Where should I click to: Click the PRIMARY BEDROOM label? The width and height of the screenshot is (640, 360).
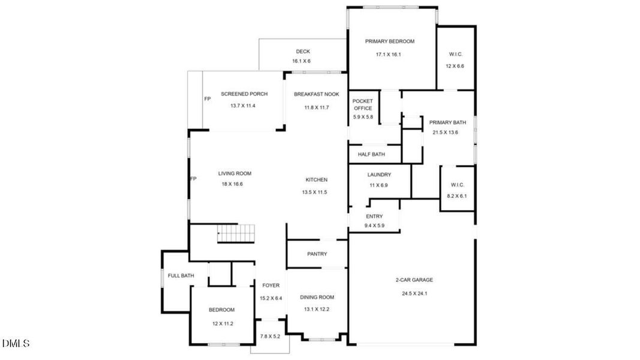390,41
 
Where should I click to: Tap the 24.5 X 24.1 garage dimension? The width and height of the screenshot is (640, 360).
414,293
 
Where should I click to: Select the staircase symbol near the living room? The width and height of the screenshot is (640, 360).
236,233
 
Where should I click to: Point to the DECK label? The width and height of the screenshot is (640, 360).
302,52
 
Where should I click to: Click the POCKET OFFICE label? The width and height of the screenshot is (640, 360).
363,104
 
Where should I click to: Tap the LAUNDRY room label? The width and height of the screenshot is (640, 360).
379,175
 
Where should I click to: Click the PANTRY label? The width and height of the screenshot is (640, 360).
317,254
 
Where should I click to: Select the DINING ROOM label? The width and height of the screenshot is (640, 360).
317,297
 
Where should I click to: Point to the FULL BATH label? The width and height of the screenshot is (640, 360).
181,276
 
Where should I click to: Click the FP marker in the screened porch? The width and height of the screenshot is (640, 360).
208,98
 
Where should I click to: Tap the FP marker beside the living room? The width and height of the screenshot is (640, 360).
193,179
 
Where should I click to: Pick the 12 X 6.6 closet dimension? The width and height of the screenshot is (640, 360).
455,65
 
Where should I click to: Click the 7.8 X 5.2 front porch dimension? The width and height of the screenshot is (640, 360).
269,337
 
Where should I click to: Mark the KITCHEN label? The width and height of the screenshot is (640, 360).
316,180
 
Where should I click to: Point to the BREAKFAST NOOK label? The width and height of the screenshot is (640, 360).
316,94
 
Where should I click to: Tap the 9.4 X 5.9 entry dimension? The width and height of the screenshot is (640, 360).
374,226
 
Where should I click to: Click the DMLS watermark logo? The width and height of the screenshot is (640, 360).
16,344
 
